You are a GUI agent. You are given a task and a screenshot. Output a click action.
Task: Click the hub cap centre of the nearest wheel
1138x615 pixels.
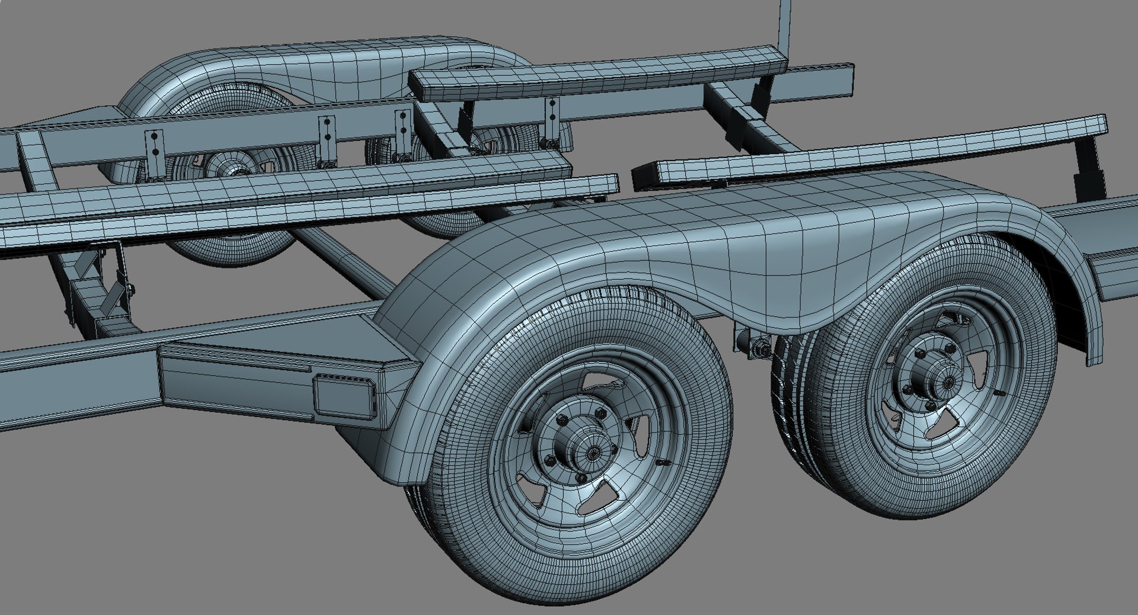tap(592, 452)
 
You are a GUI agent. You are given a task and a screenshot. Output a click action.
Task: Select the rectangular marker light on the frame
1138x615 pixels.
tap(344, 395)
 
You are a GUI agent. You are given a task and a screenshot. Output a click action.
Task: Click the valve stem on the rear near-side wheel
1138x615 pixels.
tap(1000, 393)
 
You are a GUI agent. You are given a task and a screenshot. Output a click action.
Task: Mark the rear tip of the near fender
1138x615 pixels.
tap(1094, 350)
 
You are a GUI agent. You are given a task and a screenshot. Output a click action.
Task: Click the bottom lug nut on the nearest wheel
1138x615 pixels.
tap(582, 478)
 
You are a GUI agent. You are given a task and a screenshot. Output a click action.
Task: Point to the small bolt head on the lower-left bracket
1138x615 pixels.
tap(130, 289)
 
